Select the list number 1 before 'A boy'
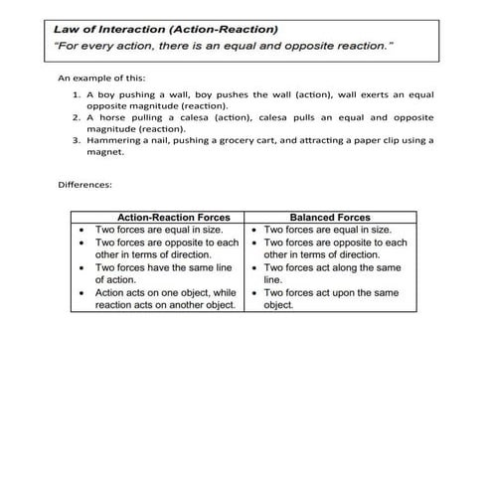[77, 94]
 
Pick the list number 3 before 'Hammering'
[77, 141]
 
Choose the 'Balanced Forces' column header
[329, 217]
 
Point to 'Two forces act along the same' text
[332, 267]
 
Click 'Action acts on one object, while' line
[165, 293]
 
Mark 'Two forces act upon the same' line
[331, 293]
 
